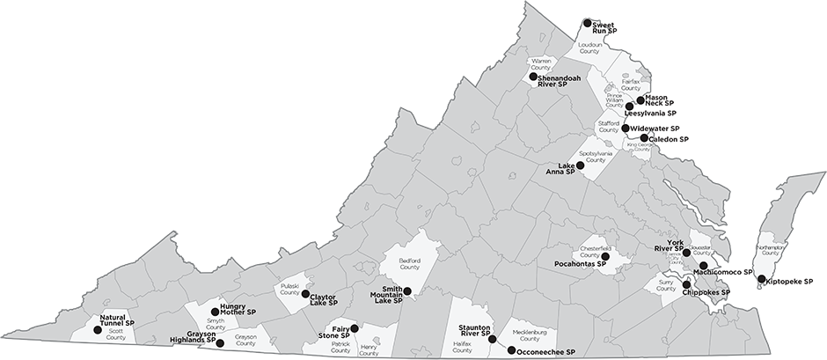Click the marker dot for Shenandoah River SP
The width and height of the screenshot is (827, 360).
[x=533, y=77]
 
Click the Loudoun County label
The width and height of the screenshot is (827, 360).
[x=589, y=49]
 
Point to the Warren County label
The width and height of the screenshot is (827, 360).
[x=540, y=64]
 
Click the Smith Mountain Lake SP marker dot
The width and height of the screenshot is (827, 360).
[x=406, y=290]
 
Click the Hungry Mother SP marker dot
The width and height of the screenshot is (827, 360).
[x=215, y=312]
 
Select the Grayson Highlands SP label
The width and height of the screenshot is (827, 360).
[x=194, y=338]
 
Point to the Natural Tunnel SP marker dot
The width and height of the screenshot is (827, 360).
[x=97, y=330]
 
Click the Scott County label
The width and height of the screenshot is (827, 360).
[x=116, y=335]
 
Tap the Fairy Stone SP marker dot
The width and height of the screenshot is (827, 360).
[x=354, y=328]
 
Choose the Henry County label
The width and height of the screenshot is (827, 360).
[x=370, y=350]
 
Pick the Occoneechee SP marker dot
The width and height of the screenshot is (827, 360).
[x=511, y=349]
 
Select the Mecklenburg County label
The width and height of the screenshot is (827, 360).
[x=530, y=335]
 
